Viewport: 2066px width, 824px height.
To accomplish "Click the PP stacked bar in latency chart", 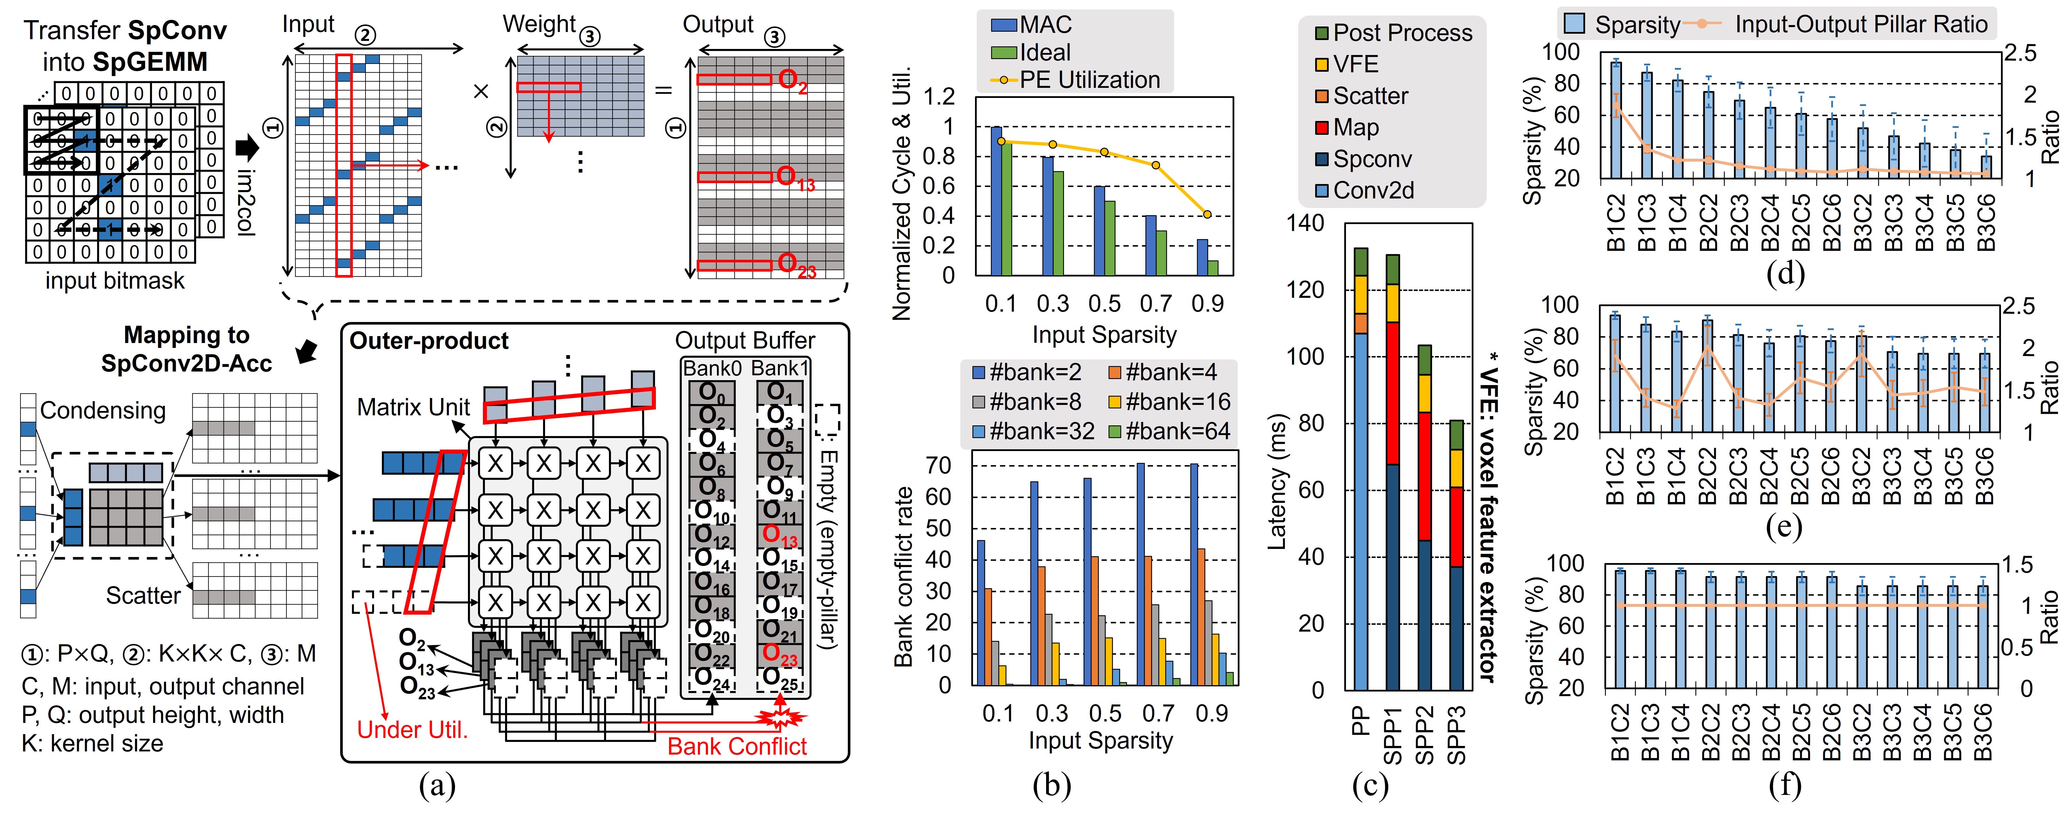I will tap(1360, 481).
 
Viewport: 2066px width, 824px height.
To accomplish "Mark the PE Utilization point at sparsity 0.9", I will tap(1207, 214).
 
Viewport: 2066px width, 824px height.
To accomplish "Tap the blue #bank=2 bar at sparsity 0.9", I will tap(1193, 574).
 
